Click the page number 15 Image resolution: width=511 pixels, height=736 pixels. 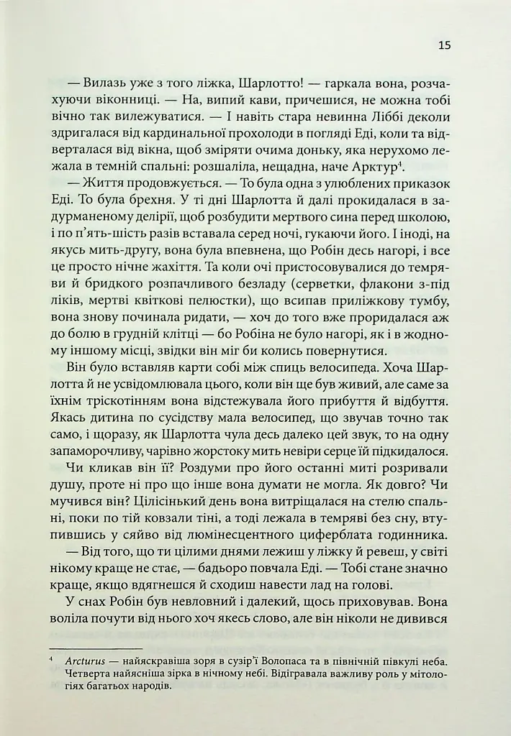[x=444, y=45]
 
